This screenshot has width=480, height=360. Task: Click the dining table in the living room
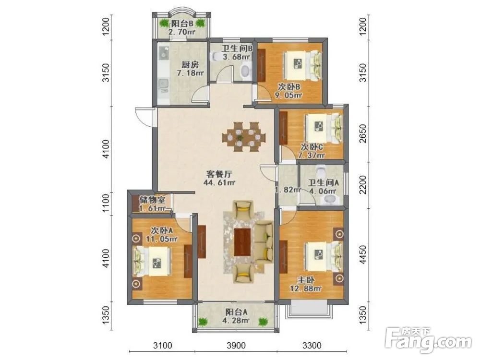point(244,137)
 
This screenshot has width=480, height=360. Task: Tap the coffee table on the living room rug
point(242,242)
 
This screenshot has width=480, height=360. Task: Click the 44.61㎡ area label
point(219,183)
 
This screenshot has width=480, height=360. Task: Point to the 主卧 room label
point(306,280)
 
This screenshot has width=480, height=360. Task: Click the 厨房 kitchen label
point(190,65)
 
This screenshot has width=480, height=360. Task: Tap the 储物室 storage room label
point(152,200)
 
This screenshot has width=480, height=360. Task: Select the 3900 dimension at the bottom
point(236,346)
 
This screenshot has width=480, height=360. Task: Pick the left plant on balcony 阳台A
point(203,322)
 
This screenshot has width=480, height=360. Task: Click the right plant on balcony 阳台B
point(201,23)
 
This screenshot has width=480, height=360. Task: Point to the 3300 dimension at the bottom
point(312,346)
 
